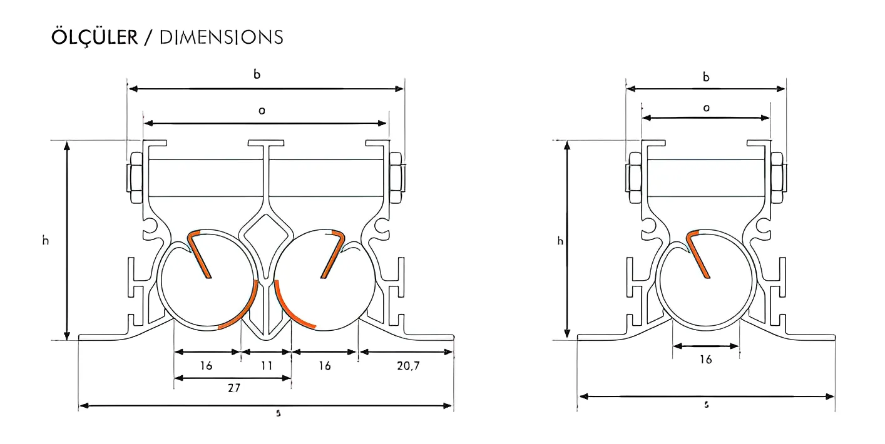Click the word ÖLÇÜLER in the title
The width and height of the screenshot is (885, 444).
click(94, 37)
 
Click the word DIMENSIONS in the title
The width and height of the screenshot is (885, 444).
click(221, 38)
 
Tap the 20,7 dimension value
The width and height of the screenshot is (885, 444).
click(407, 366)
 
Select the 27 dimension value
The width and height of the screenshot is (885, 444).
click(233, 388)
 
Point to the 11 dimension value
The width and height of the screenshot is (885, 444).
click(267, 366)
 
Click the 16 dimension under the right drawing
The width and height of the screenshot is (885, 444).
click(706, 360)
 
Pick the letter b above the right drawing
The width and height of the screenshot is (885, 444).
click(706, 78)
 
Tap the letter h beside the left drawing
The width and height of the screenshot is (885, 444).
click(46, 240)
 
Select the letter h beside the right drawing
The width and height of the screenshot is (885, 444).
click(560, 241)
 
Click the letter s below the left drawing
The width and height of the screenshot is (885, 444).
click(278, 413)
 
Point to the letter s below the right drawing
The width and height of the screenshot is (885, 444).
click(707, 405)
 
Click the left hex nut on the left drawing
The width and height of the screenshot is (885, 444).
click(135, 178)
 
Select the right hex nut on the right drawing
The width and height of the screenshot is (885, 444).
click(777, 178)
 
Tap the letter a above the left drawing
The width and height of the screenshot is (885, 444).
click(262, 111)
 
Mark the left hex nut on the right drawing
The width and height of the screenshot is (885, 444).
click(633, 178)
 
